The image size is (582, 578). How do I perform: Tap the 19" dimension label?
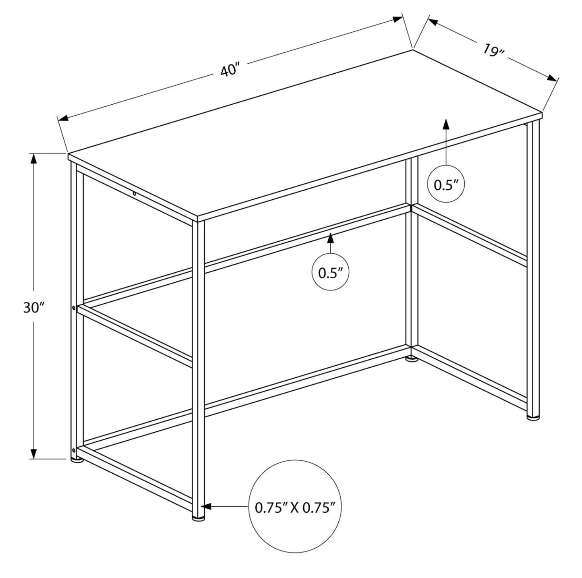pos(493,50)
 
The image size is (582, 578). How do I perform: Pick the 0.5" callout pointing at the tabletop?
pos(446,184)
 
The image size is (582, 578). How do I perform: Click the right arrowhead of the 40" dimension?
pos(398,19)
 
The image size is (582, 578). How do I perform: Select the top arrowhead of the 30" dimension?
pos(34,159)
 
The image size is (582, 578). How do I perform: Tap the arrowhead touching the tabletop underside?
pos(446,124)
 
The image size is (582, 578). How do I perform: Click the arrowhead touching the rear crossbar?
pos(331,238)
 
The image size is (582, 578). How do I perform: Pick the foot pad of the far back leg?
pos(411,359)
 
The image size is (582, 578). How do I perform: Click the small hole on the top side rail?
pos(135,193)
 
